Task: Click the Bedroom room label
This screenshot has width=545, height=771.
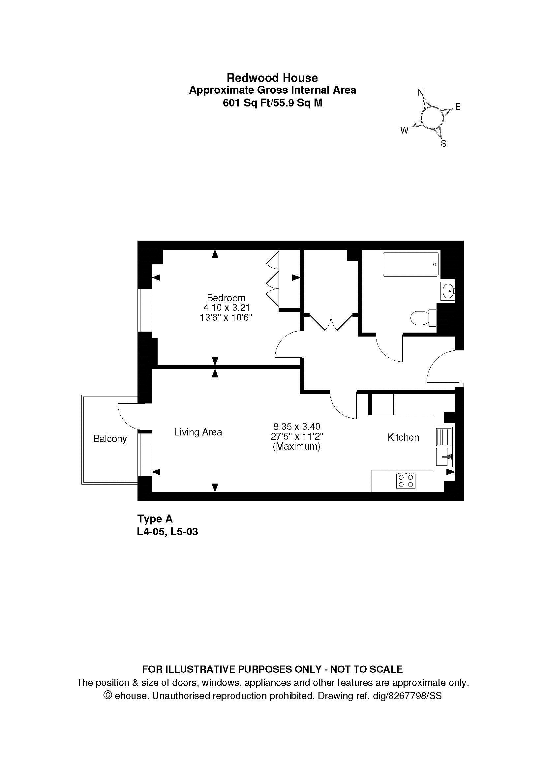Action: tap(226, 298)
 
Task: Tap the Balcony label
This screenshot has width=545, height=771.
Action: tap(110, 439)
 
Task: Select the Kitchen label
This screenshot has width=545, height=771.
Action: tap(403, 437)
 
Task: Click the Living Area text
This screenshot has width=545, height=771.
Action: tap(198, 432)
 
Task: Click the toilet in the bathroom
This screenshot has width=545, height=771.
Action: tap(424, 318)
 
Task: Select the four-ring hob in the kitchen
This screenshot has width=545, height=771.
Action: tap(406, 481)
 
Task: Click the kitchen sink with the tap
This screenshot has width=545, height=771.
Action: tap(444, 457)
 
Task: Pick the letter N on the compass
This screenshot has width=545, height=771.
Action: tap(421, 92)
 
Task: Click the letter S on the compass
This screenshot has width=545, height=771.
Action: tap(443, 144)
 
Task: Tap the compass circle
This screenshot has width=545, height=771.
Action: tap(432, 118)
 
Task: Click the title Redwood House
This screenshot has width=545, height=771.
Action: tap(272, 78)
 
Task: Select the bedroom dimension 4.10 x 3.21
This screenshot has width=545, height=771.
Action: tap(226, 308)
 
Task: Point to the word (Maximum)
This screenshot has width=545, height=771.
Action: tap(296, 447)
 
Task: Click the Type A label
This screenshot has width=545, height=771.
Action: tap(155, 519)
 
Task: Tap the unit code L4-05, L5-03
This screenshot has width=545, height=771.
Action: tap(167, 532)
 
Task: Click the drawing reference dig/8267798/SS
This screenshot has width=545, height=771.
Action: tap(407, 696)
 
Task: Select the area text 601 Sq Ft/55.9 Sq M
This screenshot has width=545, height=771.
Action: tap(273, 103)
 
